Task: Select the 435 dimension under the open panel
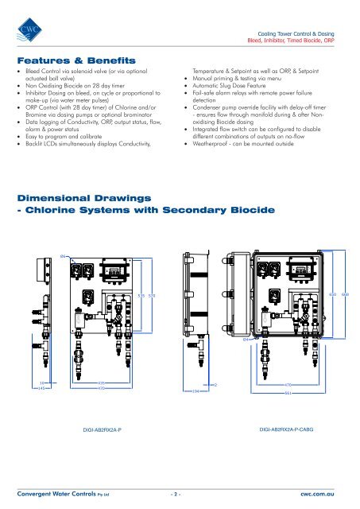(x=102, y=383)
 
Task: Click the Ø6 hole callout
(x=64, y=255)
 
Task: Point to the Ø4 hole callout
(x=247, y=340)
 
